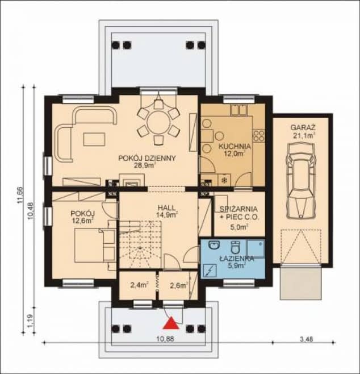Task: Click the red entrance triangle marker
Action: [x=171, y=323]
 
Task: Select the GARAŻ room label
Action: [x=303, y=127]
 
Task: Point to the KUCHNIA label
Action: [x=235, y=146]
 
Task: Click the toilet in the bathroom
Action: [x=235, y=247]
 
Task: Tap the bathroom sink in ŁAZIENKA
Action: [x=214, y=245]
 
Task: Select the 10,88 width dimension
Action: [x=165, y=339]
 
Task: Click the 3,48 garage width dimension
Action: [x=304, y=339]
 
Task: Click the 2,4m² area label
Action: [x=140, y=285]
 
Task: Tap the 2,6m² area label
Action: [x=179, y=285]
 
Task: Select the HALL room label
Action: [x=166, y=207]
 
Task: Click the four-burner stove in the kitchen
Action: [x=259, y=135]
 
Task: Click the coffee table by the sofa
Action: [x=94, y=139]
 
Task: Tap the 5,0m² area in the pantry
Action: [x=240, y=227]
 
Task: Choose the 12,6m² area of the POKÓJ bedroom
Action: [x=82, y=220]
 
